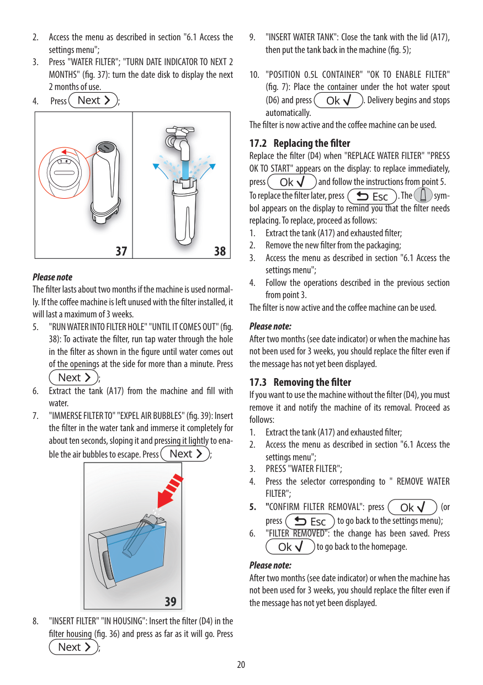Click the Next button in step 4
[94, 100]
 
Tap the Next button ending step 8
[73, 647]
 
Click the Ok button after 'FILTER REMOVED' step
[290, 547]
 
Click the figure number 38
[220, 251]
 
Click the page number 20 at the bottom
[241, 665]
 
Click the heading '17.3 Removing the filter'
[300, 382]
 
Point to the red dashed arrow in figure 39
[172, 492]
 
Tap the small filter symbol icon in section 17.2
[423, 196]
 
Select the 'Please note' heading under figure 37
[52, 277]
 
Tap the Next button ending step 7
[185, 454]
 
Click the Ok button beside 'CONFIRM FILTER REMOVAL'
[412, 507]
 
